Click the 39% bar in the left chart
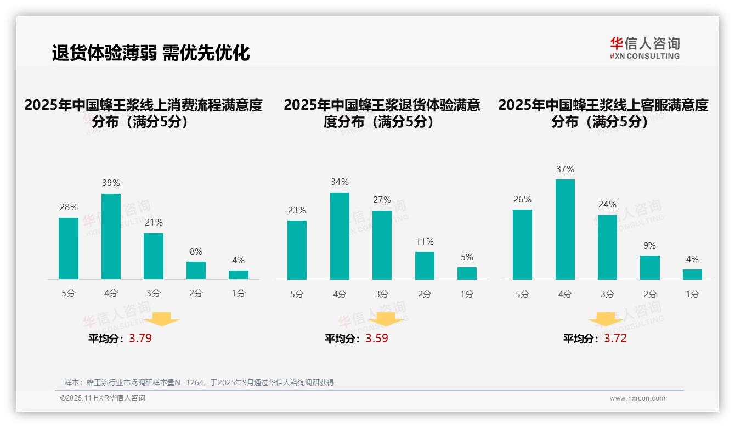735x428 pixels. [x=111, y=236]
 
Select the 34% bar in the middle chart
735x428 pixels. [x=340, y=236]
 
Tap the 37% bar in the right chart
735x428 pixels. [x=565, y=229]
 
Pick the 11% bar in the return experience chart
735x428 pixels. [x=425, y=266]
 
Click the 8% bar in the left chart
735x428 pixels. [x=196, y=271]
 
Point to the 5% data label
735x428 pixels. [x=467, y=257]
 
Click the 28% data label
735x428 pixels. [x=69, y=207]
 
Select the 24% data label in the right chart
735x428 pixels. [x=607, y=204]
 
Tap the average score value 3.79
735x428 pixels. [x=140, y=338]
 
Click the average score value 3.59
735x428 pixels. [x=377, y=338]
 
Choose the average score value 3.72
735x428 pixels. [x=615, y=338]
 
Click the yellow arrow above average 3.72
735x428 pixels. [x=606, y=319]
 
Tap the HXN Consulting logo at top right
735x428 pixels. [x=644, y=48]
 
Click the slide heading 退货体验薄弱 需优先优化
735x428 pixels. [x=151, y=53]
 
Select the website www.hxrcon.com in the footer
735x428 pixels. [x=637, y=398]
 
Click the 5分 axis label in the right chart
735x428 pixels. [x=522, y=294]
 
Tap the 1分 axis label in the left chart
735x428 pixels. [x=239, y=294]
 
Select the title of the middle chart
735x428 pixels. [x=382, y=113]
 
